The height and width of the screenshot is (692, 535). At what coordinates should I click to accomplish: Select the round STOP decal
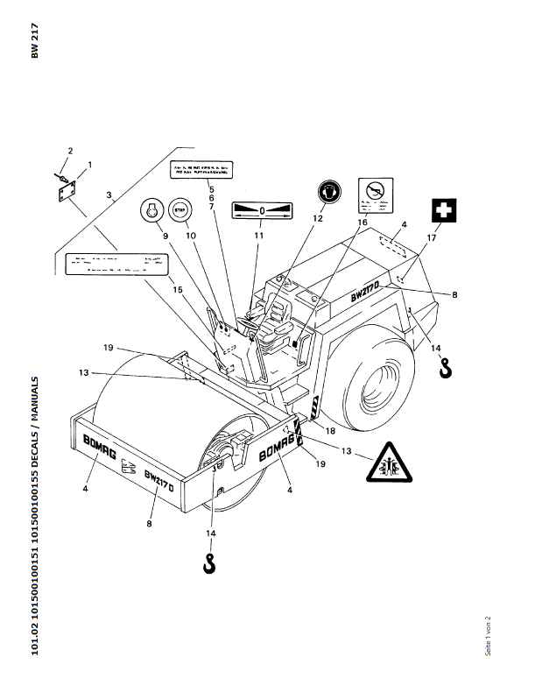pyautogui.click(x=181, y=210)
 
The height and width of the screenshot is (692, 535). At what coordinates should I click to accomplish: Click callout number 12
pyautogui.click(x=319, y=216)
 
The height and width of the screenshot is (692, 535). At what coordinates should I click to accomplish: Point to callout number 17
pyautogui.click(x=431, y=237)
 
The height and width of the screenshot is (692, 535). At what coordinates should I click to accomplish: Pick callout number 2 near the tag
pyautogui.click(x=70, y=152)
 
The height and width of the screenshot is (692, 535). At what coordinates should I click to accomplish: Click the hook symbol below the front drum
pyautogui.click(x=209, y=564)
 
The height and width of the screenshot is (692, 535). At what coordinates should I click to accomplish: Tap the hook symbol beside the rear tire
pyautogui.click(x=446, y=369)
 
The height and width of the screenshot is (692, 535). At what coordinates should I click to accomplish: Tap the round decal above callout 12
pyautogui.click(x=330, y=188)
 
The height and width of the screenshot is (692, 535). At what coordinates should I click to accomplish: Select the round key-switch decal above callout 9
pyautogui.click(x=153, y=211)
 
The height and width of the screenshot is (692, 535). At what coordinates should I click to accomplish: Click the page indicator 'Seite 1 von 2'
pyautogui.click(x=489, y=635)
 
